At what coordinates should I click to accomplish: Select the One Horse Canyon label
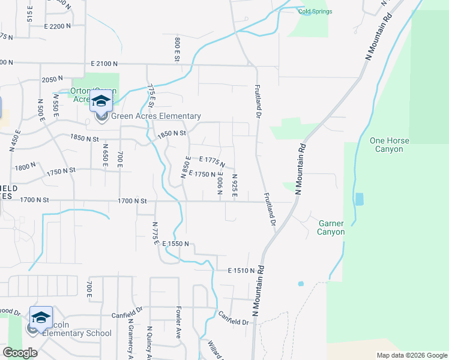(x=390, y=145)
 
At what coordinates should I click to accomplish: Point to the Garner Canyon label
(x=331, y=227)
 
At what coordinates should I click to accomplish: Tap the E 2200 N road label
(x=58, y=26)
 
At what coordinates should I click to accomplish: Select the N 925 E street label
(x=235, y=184)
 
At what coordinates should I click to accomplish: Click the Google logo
(x=20, y=352)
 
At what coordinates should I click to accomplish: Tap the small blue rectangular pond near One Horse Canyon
(x=359, y=199)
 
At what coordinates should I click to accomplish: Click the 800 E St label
(x=178, y=49)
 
